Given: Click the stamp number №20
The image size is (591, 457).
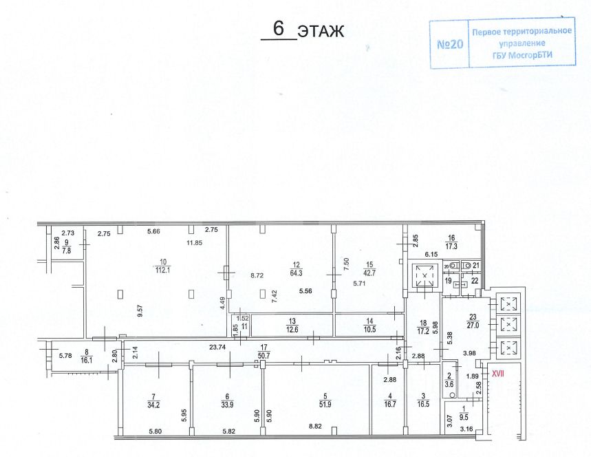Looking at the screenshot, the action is tap(451, 45).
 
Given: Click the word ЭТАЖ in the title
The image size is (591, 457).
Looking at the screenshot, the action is tap(320, 31).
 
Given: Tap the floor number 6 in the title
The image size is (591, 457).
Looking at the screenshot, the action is tap(279, 29).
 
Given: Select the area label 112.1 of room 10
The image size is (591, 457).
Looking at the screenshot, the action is tap(163, 269).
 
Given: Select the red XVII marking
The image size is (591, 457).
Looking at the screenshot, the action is tap(497, 372).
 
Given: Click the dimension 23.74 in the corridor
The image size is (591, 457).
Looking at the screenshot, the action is tap(218, 348).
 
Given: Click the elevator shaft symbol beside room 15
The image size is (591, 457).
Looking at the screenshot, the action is tap(425, 278).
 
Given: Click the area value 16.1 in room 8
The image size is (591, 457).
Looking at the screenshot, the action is tap(85, 359).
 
